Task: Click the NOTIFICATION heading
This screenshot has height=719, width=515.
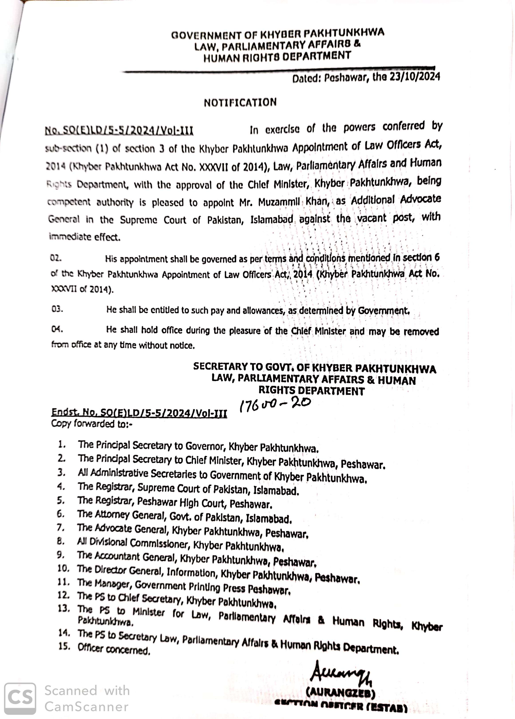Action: point(240,102)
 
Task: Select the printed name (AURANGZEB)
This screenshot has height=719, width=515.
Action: point(341,693)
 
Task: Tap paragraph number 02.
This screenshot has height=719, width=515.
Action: point(55,258)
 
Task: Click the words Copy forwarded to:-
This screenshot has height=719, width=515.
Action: point(92,424)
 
